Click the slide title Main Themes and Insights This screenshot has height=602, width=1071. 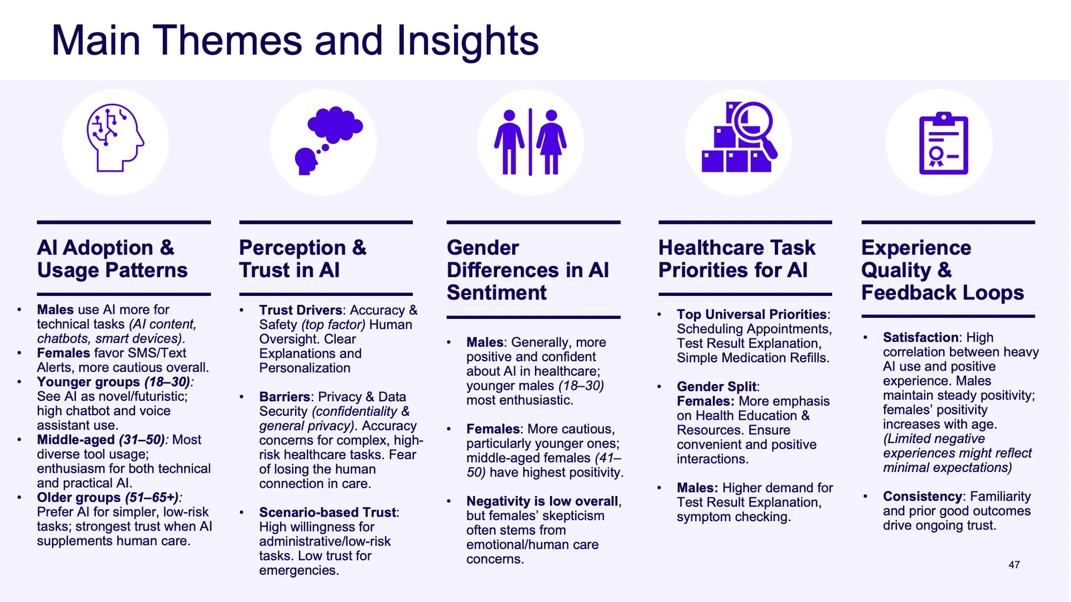click(295, 40)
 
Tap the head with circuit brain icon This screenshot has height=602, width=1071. click(115, 138)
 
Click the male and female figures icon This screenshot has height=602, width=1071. click(530, 142)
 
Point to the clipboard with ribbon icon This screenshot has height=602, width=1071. click(943, 143)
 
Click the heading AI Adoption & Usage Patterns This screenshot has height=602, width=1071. click(113, 259)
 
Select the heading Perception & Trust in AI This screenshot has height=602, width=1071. click(303, 259)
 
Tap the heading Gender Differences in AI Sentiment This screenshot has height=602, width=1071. click(528, 270)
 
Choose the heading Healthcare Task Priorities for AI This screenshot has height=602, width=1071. click(737, 259)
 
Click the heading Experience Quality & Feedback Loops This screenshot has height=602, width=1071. click(943, 270)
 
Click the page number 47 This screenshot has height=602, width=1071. click(1014, 565)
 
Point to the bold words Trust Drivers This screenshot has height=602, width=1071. click(301, 310)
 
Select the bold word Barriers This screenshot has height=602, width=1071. click(284, 397)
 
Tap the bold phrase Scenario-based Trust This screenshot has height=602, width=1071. click(327, 512)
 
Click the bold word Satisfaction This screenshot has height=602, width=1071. click(921, 337)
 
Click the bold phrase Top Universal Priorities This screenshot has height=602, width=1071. click(752, 314)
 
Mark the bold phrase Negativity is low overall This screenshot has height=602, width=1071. click(542, 501)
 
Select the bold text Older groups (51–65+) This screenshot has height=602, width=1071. click(108, 497)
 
